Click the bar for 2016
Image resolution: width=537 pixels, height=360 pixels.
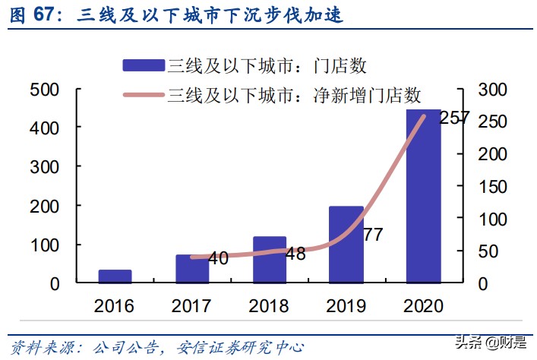point(115,276)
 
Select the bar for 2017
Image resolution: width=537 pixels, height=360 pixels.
point(192,269)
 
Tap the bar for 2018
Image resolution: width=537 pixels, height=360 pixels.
point(269,260)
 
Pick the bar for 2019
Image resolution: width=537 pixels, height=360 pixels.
point(346,245)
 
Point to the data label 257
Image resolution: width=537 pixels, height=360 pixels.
point(454,118)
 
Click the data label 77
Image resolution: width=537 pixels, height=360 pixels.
point(372,235)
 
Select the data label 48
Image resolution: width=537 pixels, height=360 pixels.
point(295,254)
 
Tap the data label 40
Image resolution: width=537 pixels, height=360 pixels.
point(218,259)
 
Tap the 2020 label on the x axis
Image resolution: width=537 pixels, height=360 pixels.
point(422,306)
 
